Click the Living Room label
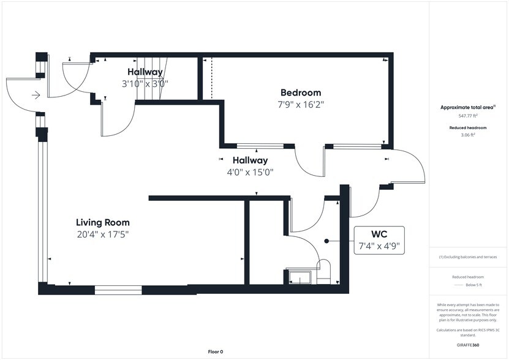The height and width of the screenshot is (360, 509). coord(102,222)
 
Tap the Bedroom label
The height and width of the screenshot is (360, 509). coord(301,92)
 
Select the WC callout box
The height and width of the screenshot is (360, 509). coord(379,240)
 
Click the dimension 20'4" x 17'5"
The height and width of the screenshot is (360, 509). coord(103,234)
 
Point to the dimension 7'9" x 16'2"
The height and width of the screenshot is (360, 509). coord(301,105)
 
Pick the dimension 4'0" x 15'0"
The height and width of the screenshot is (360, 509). coord(250,171)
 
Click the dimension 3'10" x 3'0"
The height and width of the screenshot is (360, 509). coord(145,84)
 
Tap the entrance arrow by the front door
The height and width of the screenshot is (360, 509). coord(36,95)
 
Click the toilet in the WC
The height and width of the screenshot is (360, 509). coord(323,271)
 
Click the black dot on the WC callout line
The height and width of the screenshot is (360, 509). coord(326,241)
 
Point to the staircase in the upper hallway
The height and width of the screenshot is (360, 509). coord(151,78)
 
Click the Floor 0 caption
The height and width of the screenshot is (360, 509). coord(216,351)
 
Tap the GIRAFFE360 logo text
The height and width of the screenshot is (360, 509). coord(468,345)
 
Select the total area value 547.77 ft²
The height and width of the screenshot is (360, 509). coord(468,116)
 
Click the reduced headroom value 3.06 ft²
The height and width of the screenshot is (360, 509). coord(468,135)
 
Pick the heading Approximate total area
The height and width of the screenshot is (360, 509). coord(467,107)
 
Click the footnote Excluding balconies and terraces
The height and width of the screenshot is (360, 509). coord(468,257)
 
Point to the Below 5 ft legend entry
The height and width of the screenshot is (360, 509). coord(468,285)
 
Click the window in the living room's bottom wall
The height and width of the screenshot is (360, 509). coord(118,290)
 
